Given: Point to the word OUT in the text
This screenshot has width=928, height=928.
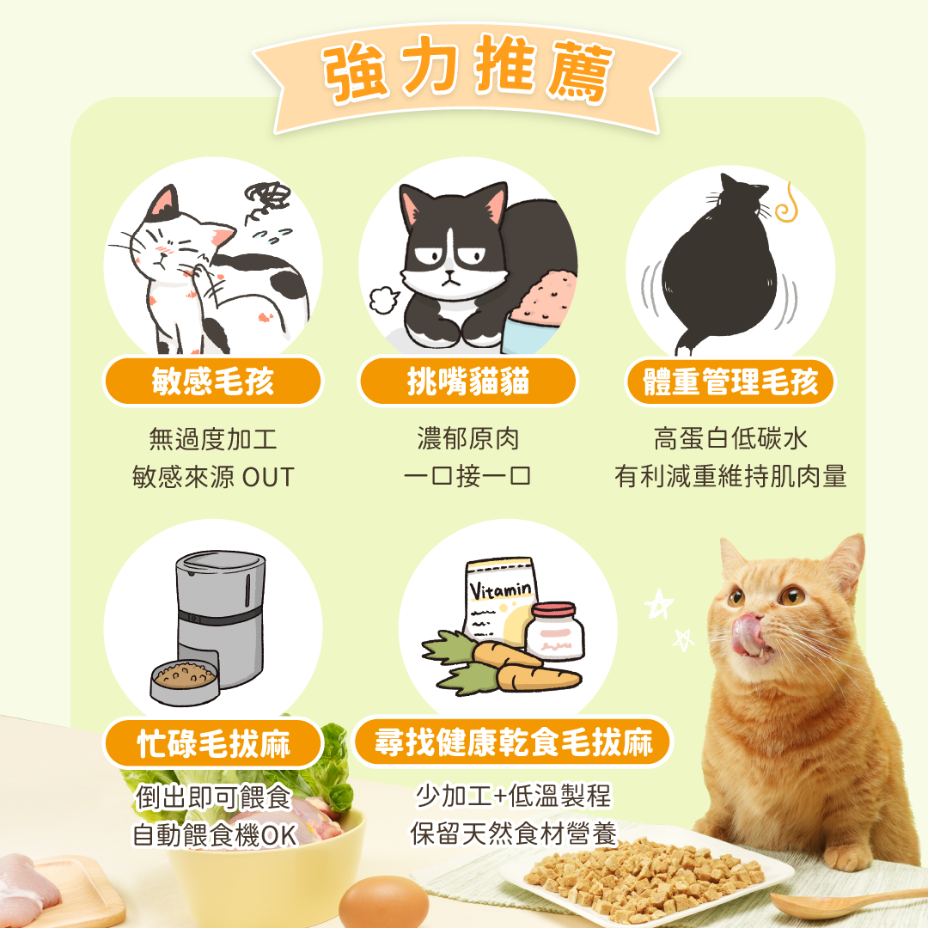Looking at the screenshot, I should coord(268,478).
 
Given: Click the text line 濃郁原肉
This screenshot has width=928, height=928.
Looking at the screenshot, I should coord(467,440).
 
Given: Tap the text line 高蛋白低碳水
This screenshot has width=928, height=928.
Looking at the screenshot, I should coord(730,440).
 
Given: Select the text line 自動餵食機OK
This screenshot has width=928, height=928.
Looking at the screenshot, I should coord(213,834).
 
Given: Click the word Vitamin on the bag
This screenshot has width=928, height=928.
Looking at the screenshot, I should coord(501,590).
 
